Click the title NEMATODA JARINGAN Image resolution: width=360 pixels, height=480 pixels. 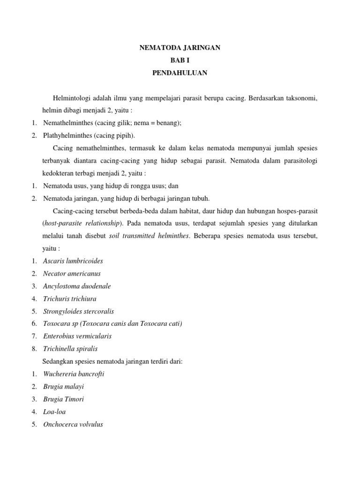180,48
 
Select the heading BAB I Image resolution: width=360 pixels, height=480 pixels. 180,60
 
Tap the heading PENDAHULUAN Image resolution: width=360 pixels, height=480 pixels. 180,73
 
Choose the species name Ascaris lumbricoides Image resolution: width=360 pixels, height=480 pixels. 73,261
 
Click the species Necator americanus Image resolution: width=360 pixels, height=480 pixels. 72,273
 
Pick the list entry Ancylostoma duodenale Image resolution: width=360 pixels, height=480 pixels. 77,286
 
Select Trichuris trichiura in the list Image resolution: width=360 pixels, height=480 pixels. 70,299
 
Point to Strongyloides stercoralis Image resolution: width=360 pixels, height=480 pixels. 78,311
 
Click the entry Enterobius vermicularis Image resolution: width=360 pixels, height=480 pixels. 77,336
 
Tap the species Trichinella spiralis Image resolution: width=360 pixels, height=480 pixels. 70,349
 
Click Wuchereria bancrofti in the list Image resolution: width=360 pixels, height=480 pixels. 74,374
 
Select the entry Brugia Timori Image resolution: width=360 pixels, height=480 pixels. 64,399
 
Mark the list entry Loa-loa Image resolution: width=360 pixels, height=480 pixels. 54,412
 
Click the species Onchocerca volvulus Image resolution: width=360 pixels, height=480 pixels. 73,425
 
